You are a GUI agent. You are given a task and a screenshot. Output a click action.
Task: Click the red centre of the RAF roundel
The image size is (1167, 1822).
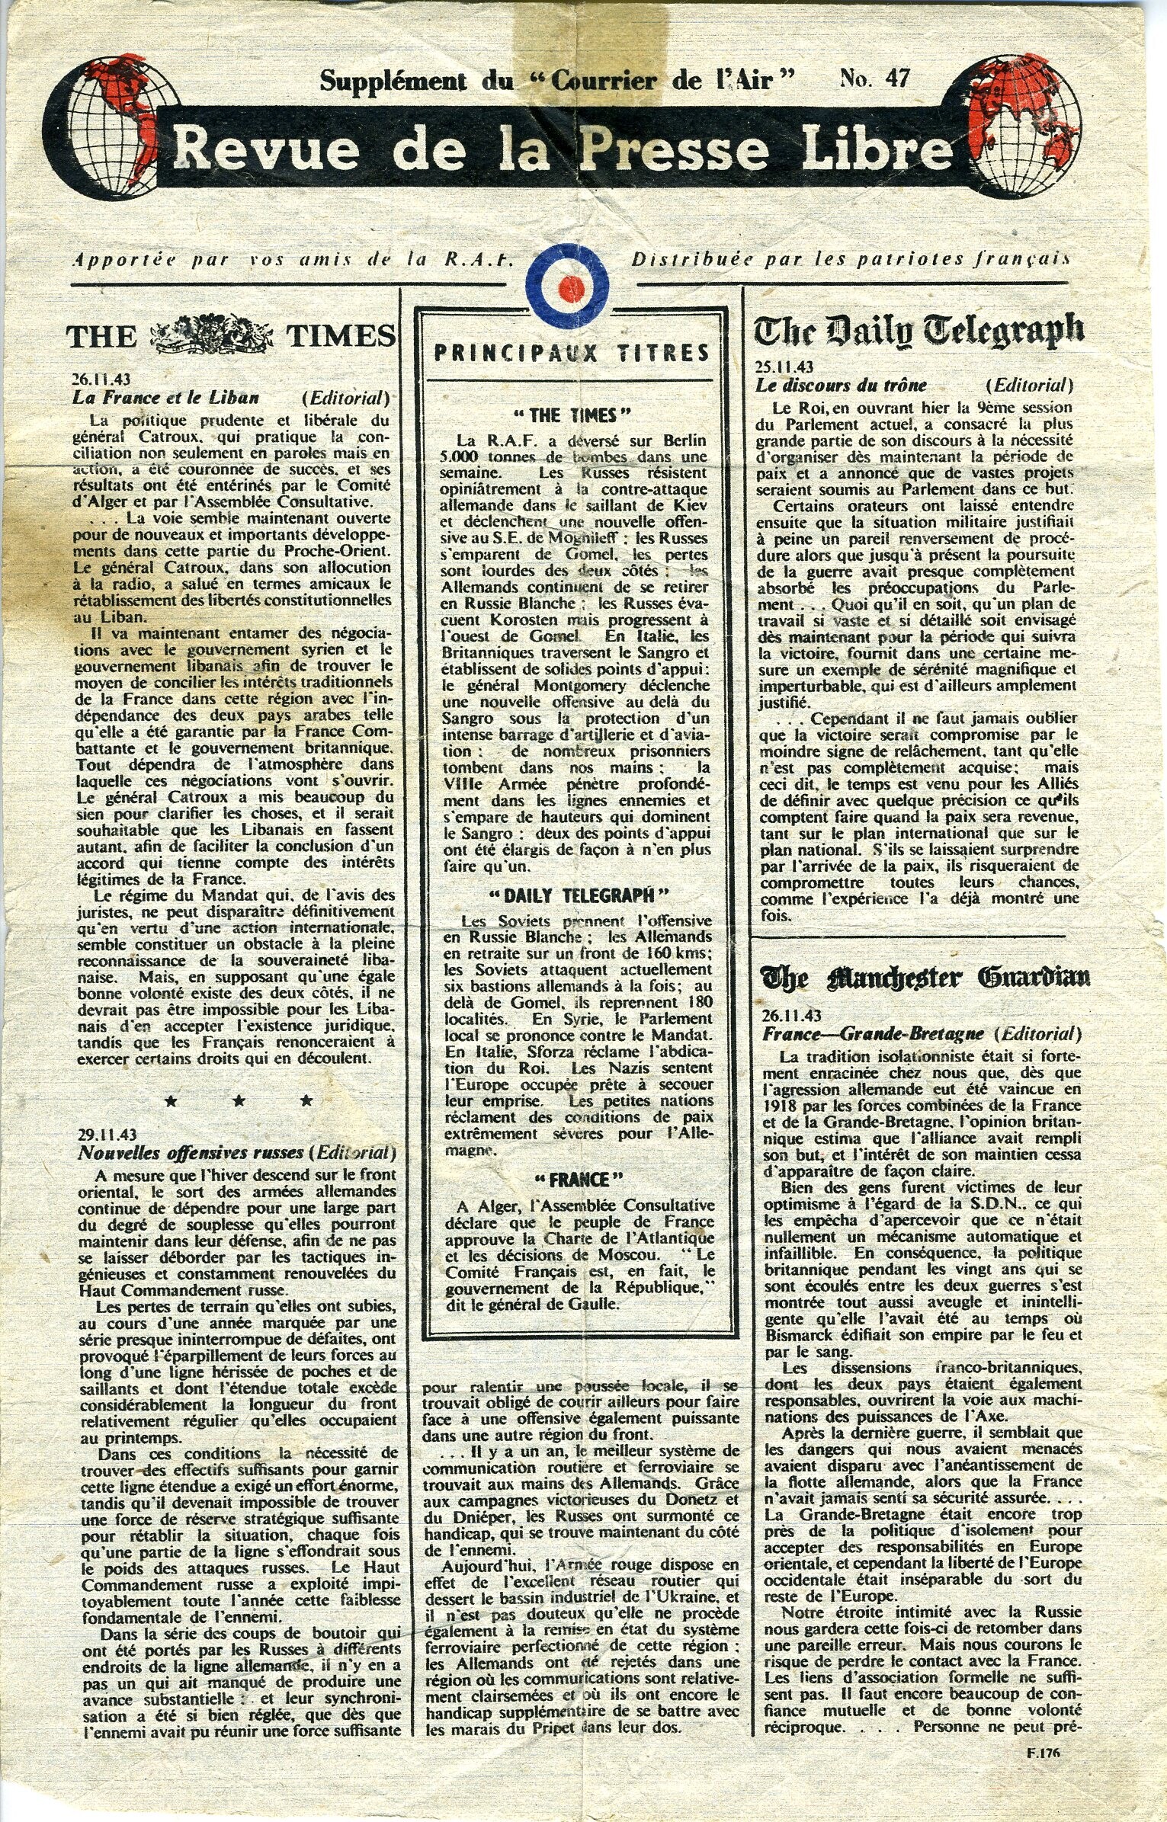pyautogui.click(x=570, y=287)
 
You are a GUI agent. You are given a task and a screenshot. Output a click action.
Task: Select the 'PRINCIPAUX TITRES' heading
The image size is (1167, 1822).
pyautogui.click(x=571, y=352)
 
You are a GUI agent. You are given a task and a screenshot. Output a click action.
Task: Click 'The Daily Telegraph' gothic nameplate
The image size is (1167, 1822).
pyautogui.click(x=919, y=330)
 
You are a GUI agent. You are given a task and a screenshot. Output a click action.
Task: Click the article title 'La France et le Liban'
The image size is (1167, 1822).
pyautogui.click(x=165, y=397)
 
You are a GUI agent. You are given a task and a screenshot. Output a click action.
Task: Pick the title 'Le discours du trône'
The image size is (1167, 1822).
pyautogui.click(x=841, y=386)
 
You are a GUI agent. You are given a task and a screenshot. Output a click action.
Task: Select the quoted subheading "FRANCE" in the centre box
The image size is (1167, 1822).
pyautogui.click(x=571, y=1180)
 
